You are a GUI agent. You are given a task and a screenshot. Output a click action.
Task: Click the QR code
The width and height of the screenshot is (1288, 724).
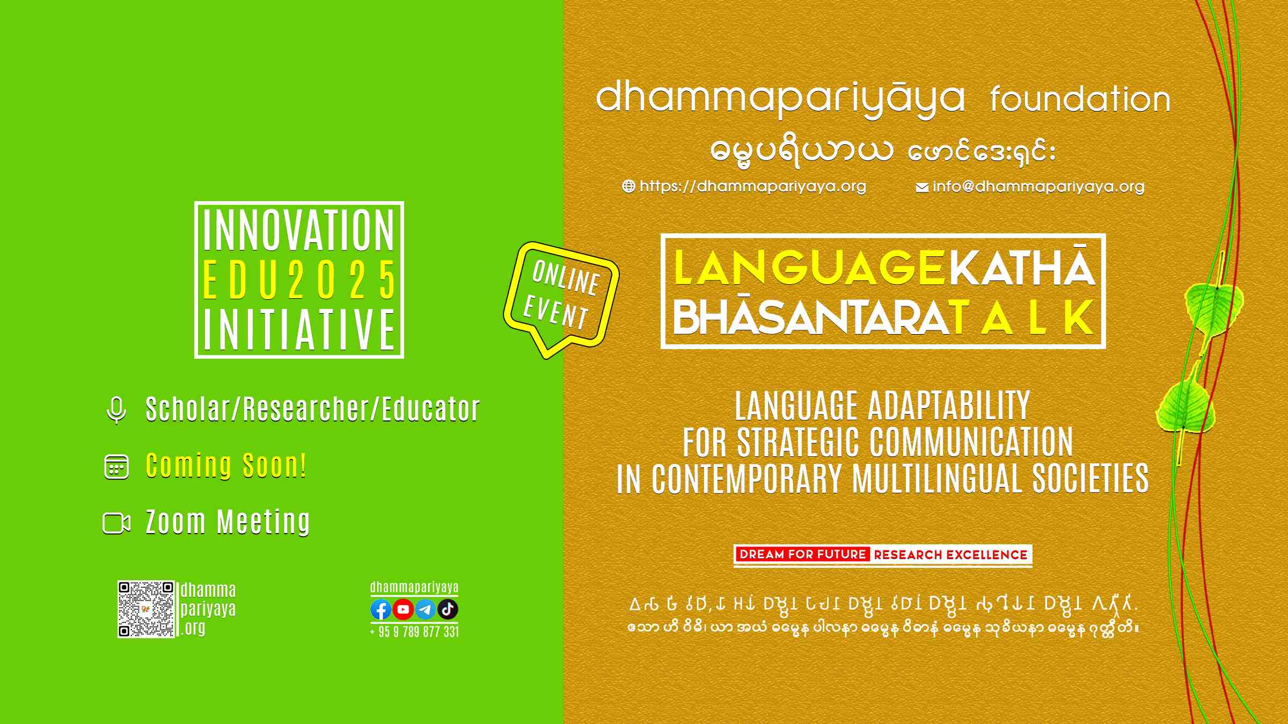point(146,609)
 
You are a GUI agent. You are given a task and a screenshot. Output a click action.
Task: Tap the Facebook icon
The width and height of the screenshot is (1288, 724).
point(381,609)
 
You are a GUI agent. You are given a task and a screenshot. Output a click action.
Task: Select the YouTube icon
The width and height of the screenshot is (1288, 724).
point(403,609)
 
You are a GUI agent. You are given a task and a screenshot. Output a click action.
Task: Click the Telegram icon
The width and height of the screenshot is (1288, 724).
point(426,609)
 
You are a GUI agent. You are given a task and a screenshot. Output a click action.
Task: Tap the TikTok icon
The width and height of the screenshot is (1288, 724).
point(448,609)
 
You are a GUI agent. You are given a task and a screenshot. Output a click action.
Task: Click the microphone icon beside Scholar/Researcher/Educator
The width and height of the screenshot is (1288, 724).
point(116,410)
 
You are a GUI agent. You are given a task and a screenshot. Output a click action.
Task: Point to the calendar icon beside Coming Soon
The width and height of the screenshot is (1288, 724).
point(116,467)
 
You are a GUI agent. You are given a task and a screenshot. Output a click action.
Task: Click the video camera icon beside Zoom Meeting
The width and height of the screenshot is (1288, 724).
point(116,523)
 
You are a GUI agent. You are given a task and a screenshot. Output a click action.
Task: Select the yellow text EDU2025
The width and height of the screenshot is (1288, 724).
point(299,279)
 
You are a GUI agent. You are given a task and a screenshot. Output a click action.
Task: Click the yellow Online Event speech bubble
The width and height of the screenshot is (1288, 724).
point(561,298)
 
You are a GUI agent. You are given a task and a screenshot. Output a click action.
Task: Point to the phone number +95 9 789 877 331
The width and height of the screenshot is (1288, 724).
point(414,632)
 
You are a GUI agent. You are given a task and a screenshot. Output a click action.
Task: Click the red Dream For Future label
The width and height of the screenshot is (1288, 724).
point(802,555)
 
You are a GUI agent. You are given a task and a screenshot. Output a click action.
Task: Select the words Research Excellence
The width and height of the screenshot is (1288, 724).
point(950,555)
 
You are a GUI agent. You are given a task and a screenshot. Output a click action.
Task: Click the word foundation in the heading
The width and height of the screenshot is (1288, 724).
point(1080,99)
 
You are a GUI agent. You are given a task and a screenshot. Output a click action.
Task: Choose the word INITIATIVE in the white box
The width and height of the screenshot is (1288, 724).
point(299,329)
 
